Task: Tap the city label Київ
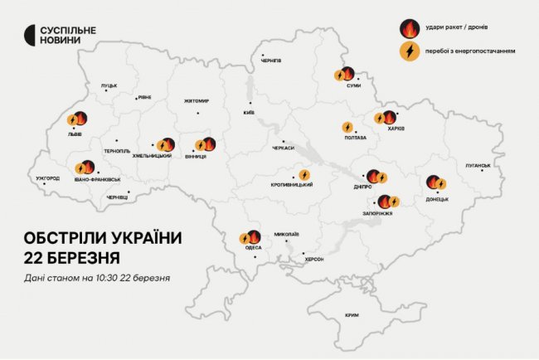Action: [x=249, y=113]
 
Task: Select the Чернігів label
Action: [x=271, y=61]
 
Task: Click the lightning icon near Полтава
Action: [x=348, y=128]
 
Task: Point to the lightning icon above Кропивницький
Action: [x=303, y=175]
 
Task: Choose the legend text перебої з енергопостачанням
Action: [x=470, y=51]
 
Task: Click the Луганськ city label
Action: [x=478, y=165]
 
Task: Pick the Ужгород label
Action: [x=48, y=178]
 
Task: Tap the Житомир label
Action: [x=197, y=101]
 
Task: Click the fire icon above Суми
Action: [x=348, y=73]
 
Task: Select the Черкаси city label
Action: [x=283, y=148]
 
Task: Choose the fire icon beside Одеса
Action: [x=254, y=237]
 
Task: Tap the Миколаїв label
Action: [x=286, y=233]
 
